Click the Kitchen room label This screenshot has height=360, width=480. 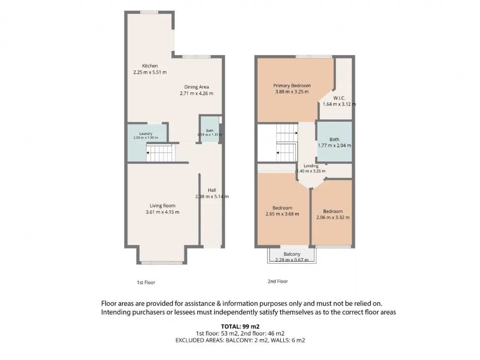150,66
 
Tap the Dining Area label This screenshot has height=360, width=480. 196,87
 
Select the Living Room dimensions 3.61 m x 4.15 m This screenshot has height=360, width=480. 162,212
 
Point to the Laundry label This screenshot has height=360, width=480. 145,133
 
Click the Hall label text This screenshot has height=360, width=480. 212,190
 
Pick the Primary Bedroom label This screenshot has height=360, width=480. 292,85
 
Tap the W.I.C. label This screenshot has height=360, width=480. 339,98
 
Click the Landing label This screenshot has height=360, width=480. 311,166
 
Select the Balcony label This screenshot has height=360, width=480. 292,254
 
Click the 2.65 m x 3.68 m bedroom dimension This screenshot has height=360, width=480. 282,214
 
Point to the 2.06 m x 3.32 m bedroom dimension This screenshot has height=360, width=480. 333,217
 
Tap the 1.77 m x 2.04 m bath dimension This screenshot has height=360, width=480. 334,145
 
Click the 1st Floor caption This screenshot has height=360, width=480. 146,282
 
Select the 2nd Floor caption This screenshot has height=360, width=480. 278,281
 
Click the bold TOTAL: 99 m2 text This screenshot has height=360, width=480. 240,327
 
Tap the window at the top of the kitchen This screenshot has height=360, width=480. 149,12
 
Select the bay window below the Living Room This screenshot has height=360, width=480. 162,263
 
